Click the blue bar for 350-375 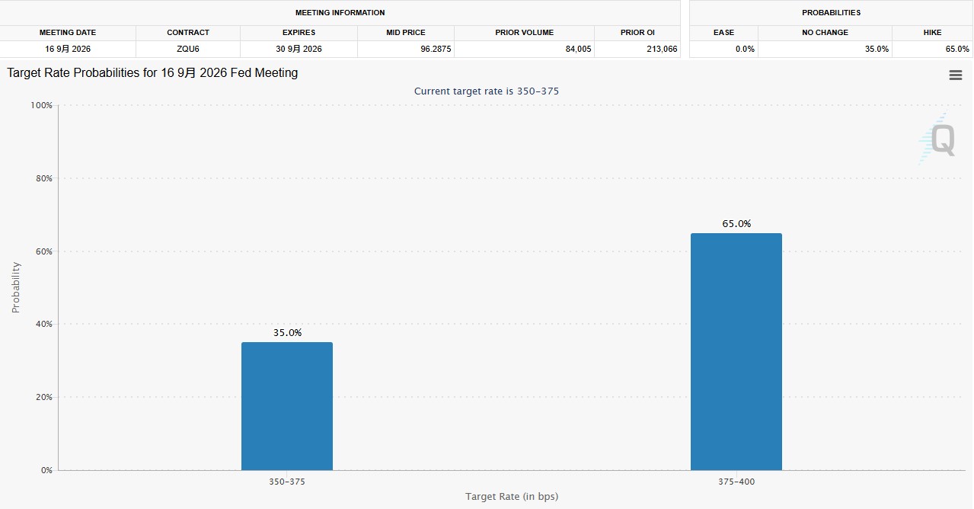point(287,406)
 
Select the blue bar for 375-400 point(736,351)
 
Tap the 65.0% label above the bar point(736,223)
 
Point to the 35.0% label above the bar point(287,333)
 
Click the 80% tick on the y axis point(44,178)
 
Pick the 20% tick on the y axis point(44,397)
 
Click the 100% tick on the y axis point(41,105)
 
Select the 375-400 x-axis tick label point(736,482)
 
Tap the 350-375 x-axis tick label point(287,482)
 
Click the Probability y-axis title point(16,287)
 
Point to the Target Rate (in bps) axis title point(512,496)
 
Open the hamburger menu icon point(955,75)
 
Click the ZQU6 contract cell point(188,49)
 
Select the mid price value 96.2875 point(436,49)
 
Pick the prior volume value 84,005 point(578,49)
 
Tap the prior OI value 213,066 point(662,49)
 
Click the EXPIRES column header point(299,33)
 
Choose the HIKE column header point(932,33)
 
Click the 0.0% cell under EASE point(745,49)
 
